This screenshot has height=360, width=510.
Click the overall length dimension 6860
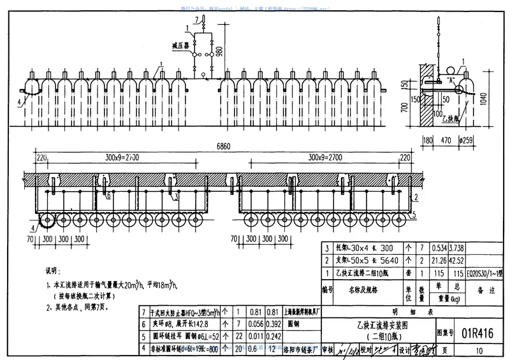[x=222, y=147]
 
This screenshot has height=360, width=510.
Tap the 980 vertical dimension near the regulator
[x=220, y=52]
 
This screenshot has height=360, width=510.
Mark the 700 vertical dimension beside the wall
[x=404, y=110]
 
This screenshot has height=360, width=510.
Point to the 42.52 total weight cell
[x=437, y=260]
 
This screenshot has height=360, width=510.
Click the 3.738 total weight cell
[x=437, y=248]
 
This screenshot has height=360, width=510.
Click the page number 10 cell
[x=478, y=350]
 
